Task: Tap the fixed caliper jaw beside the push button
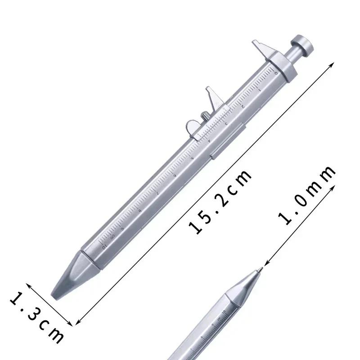264,50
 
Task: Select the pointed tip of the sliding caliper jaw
208,88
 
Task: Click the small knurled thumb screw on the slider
205,116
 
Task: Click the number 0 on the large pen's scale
276,73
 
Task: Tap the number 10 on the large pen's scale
104,247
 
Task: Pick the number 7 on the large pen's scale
157,193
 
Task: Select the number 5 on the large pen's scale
193,158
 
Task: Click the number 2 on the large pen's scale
243,107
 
